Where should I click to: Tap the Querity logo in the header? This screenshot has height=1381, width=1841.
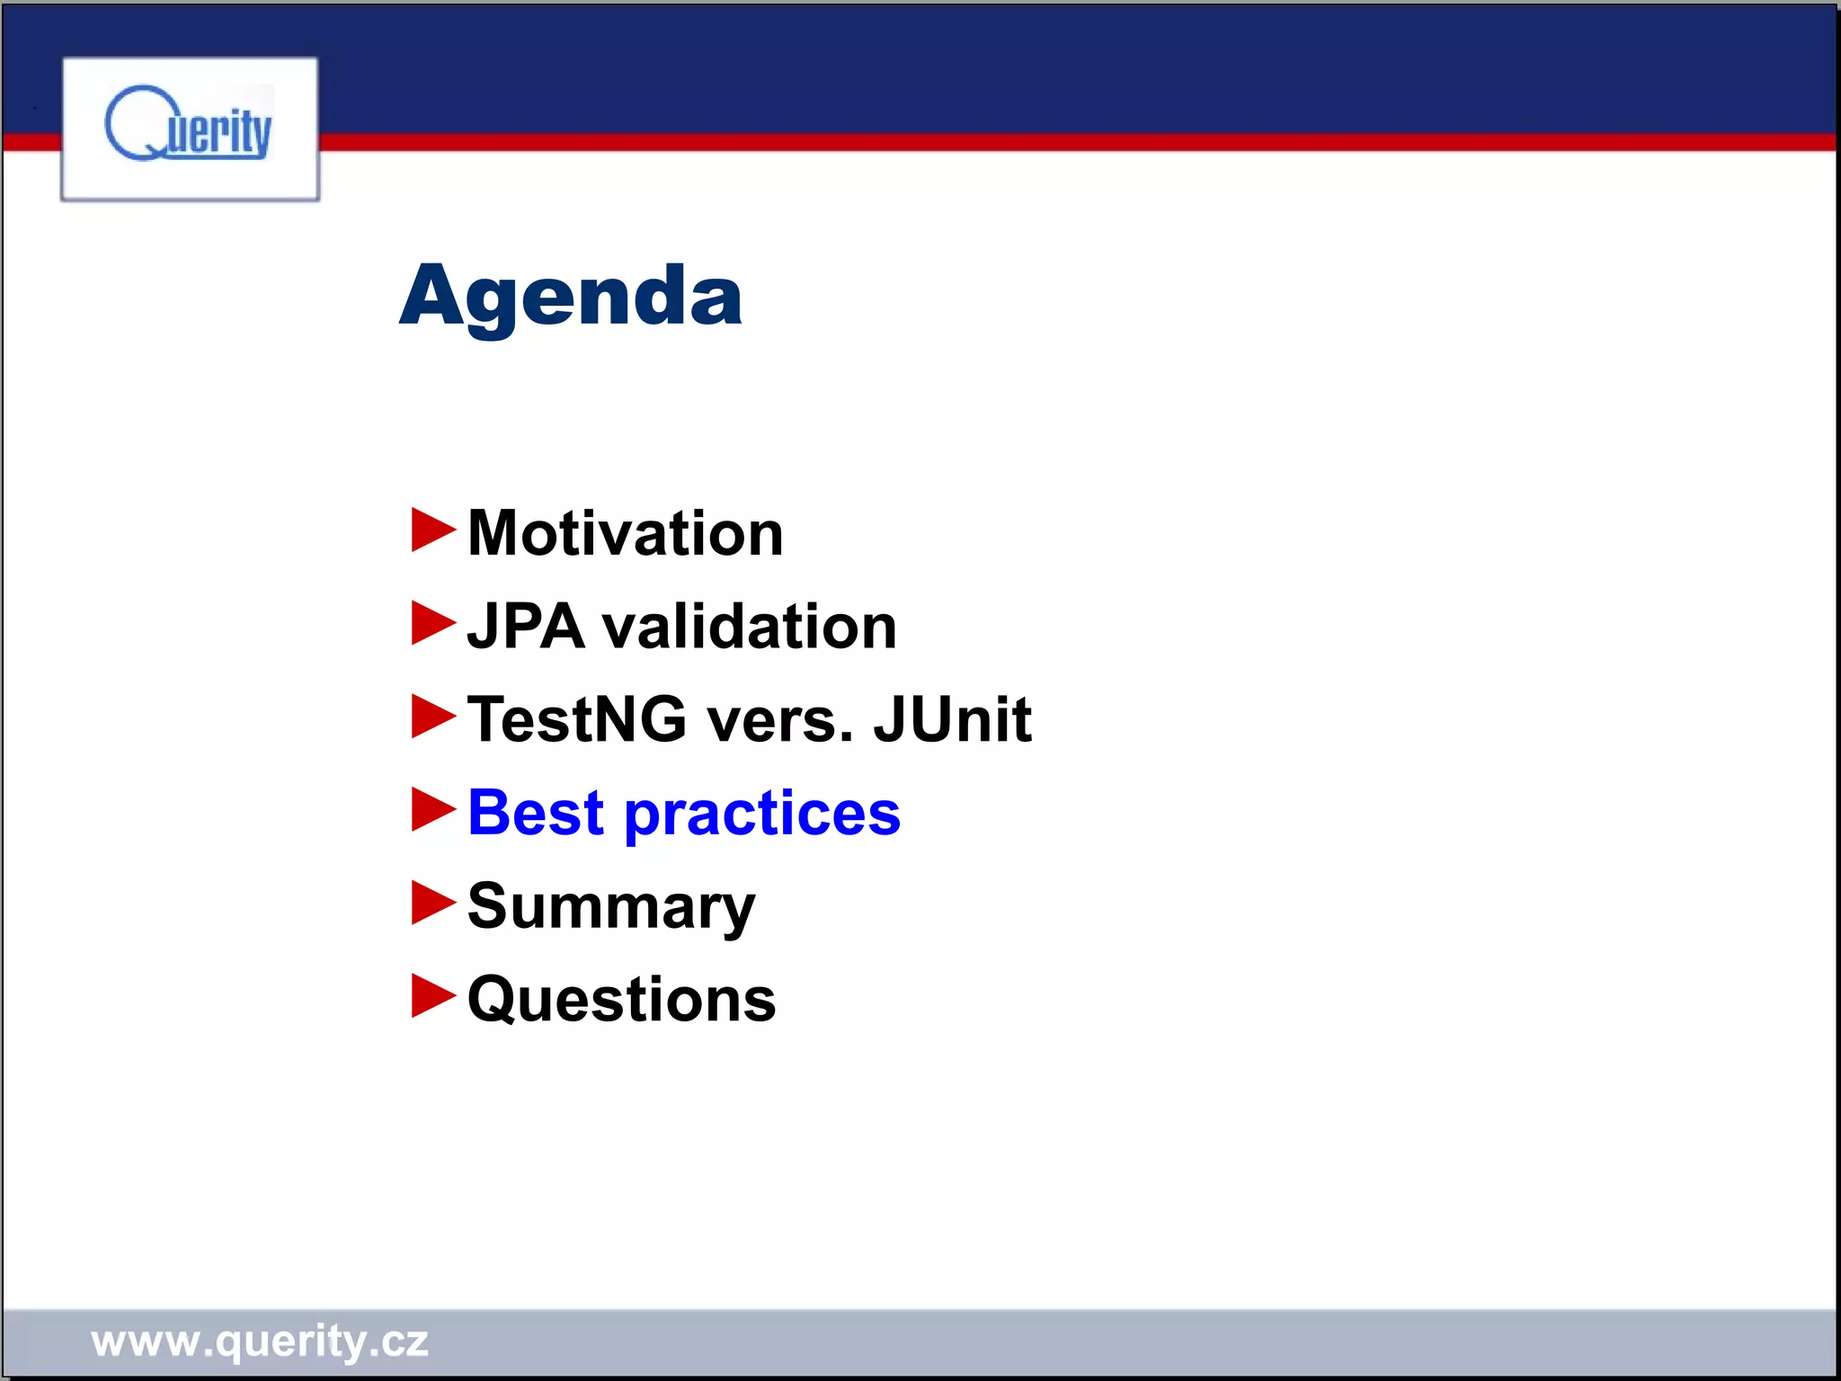pyautogui.click(x=190, y=129)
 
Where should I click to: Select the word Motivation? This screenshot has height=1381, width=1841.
pyautogui.click(x=625, y=534)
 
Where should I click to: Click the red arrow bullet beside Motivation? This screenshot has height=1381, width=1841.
pyautogui.click(x=433, y=530)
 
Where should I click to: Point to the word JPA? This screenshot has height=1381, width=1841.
pyautogui.click(x=526, y=627)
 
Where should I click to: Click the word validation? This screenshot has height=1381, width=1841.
pyautogui.click(x=749, y=627)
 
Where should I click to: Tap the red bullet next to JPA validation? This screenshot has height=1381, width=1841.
pyautogui.click(x=433, y=623)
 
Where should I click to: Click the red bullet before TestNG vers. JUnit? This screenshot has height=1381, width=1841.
pyautogui.click(x=433, y=717)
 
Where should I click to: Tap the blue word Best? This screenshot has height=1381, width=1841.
pyautogui.click(x=536, y=813)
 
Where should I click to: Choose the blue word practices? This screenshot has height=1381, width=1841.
pyautogui.click(x=761, y=815)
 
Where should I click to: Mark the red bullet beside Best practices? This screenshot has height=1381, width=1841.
pyautogui.click(x=433, y=809)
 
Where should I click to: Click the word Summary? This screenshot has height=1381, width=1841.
pyautogui.click(x=611, y=908)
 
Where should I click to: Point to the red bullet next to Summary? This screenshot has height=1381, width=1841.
pyautogui.click(x=433, y=903)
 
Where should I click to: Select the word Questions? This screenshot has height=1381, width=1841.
pyautogui.click(x=621, y=1000)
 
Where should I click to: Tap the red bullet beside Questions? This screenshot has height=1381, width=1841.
pyautogui.click(x=433, y=996)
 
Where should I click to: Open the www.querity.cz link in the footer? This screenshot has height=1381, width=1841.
pyautogui.click(x=260, y=1341)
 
